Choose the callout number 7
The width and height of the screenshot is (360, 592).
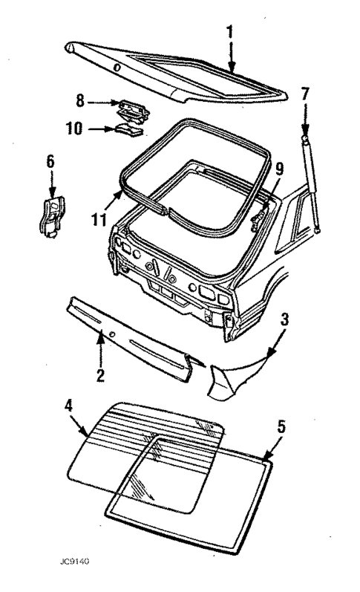point(305,95)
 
